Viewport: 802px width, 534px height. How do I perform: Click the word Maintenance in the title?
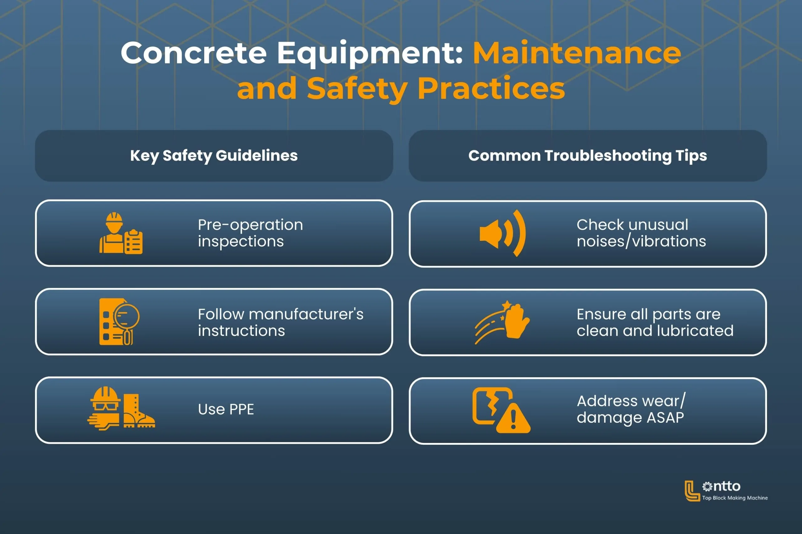pos(577,53)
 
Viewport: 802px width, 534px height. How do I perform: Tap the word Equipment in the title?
pos(370,53)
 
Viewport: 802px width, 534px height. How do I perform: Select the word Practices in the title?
pos(491,89)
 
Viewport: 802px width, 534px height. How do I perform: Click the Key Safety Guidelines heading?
pos(214,156)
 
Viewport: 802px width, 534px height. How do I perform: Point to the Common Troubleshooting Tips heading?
pos(587,156)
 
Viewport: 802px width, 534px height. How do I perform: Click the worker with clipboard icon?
pos(121,233)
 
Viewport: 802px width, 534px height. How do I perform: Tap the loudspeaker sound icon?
pos(502,234)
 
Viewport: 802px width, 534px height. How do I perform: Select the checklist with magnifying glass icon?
pos(119,322)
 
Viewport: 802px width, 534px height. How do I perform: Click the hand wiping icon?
pos(502,322)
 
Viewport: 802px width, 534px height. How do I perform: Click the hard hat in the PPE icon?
pos(105,395)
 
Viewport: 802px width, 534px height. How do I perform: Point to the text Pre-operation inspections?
pos(250,233)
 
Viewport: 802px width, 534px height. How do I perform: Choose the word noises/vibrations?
pos(641,242)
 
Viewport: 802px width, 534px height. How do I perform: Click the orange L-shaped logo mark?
pos(691,491)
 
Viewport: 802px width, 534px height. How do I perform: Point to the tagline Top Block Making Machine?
pos(735,498)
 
